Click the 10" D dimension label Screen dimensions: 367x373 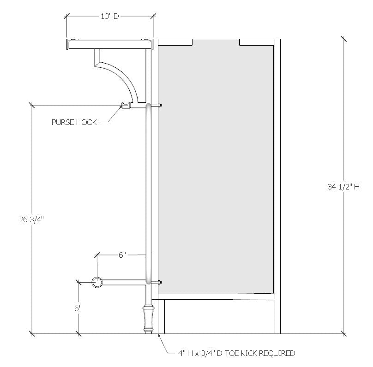pos(110,17)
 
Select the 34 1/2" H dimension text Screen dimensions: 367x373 pos(343,187)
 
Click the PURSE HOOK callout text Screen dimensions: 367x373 pos(74,122)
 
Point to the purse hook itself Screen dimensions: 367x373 pos(125,106)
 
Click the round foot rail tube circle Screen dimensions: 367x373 pos(97,282)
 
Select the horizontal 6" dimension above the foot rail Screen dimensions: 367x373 pos(122,255)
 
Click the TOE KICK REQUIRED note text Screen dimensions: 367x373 pos(236,354)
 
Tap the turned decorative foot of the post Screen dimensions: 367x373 pos(148,318)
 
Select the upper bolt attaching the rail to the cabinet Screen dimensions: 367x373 pos(160,106)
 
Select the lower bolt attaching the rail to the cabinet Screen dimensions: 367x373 pos(160,282)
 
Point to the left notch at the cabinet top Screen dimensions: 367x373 pos(176,42)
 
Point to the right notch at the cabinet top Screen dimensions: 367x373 pos(256,42)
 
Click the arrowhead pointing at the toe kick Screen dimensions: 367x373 pos(160,336)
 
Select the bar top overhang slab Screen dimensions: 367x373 pos(110,44)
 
